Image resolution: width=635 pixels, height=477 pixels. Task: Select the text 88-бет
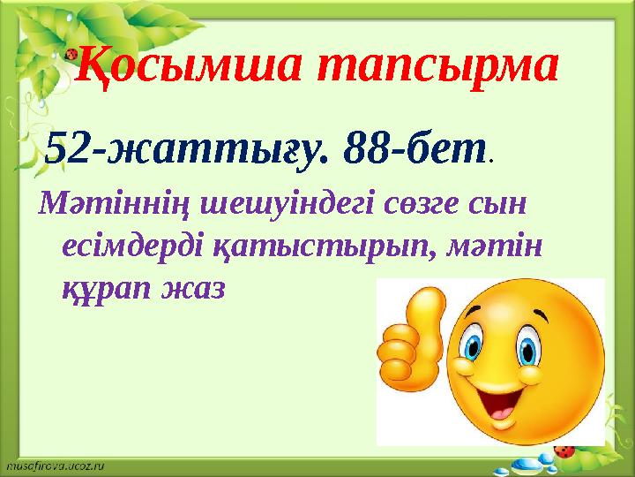tap(415, 149)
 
